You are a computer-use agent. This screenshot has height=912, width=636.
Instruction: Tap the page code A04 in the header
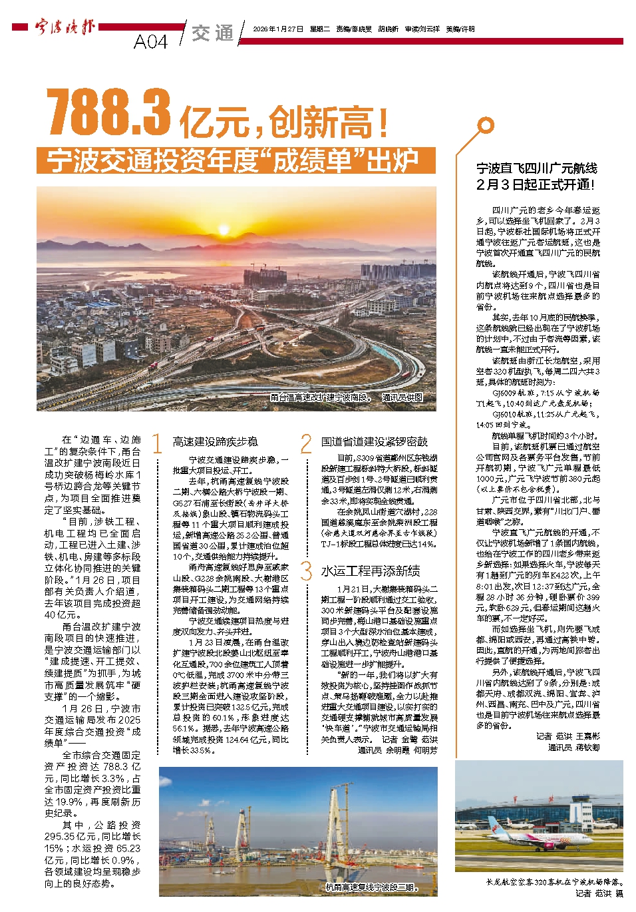click(150, 41)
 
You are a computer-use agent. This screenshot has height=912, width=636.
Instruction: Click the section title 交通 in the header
click(213, 33)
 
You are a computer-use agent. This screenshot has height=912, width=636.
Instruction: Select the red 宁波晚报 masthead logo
click(65, 27)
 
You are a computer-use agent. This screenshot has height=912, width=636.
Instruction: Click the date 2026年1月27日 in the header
click(278, 29)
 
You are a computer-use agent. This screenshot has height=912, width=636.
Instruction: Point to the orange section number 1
click(158, 443)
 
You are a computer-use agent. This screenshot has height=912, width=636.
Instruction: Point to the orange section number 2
click(306, 443)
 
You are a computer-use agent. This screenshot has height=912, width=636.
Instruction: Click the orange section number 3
click(306, 570)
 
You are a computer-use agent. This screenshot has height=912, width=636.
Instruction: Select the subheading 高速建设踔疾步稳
click(215, 442)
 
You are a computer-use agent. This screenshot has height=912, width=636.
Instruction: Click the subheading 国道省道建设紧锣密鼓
click(375, 442)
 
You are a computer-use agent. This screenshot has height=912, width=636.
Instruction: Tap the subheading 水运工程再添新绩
click(370, 571)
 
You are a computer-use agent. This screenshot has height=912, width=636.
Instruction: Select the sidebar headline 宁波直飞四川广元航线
click(536, 168)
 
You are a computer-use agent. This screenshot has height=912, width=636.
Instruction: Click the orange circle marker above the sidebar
click(486, 125)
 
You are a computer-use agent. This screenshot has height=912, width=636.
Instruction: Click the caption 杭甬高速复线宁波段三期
click(371, 887)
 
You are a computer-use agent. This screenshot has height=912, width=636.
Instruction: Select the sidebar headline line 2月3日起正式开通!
click(536, 184)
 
